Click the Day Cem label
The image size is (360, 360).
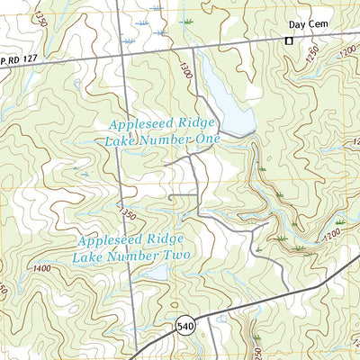tap(306, 26)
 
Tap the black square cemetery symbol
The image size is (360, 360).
tap(290, 40)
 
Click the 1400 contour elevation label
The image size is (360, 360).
tap(40, 268)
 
